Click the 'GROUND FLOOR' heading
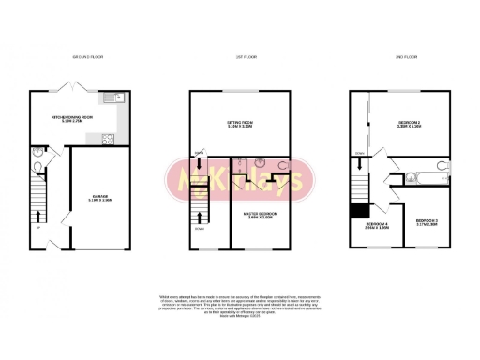[87, 58]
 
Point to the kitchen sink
[112, 97]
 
